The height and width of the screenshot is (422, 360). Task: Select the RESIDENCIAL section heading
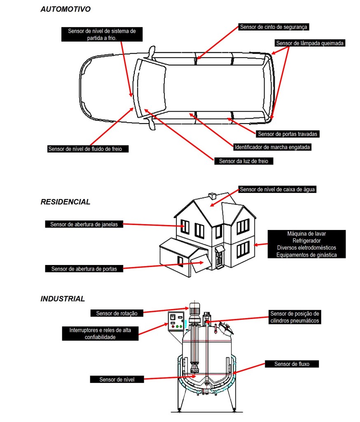[65, 202]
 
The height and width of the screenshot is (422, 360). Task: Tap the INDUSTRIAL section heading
[63, 299]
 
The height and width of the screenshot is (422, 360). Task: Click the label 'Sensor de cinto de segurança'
[274, 27]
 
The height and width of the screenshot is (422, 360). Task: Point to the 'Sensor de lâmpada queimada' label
[310, 43]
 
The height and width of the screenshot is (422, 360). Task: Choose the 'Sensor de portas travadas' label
[288, 134]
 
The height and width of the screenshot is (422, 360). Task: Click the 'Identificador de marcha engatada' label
[272, 147]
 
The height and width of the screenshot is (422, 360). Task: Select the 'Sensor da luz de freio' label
[243, 161]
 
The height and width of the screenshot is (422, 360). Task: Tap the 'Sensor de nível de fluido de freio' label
[88, 149]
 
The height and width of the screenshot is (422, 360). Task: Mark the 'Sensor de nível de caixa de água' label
[278, 190]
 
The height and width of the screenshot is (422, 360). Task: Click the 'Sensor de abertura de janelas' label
[84, 224]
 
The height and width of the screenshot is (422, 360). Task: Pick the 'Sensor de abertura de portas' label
[84, 269]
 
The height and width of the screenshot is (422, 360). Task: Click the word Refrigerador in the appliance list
[306, 241]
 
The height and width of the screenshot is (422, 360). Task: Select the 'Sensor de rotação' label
[114, 313]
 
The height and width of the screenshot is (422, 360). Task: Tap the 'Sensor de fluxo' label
[291, 364]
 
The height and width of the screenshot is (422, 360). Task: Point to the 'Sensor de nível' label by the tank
[117, 379]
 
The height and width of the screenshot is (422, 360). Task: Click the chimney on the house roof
[213, 195]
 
